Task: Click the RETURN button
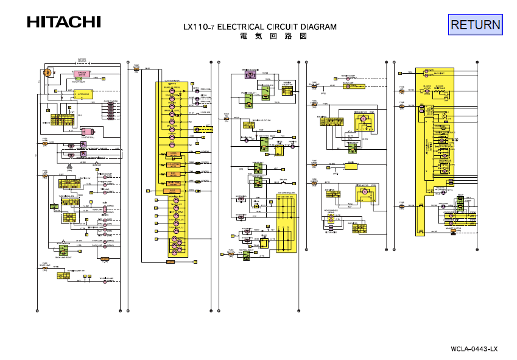click(476, 24)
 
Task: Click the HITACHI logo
click(63, 22)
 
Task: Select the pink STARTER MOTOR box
click(83, 74)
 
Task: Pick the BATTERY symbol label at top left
click(82, 60)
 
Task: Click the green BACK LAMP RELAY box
click(63, 275)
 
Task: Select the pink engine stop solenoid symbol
click(86, 132)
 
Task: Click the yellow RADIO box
click(351, 164)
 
